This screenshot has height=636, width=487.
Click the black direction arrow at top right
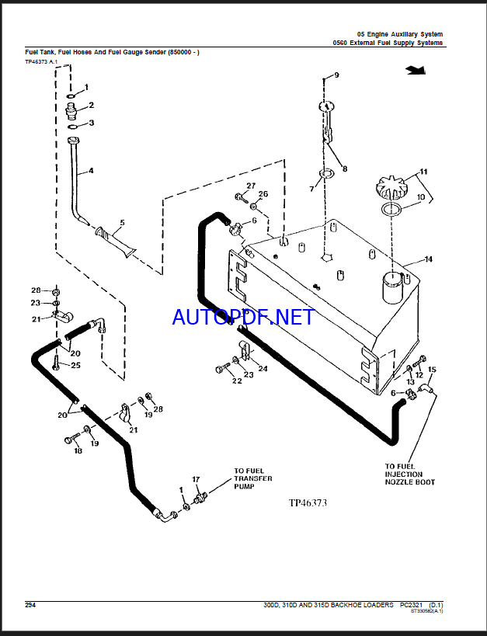pos(416,71)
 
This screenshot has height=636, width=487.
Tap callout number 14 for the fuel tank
pos(427,259)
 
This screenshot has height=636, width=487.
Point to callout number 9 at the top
pos(336,75)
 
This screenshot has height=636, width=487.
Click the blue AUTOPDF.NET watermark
pos(243,317)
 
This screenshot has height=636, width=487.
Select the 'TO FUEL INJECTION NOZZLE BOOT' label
pos(409,474)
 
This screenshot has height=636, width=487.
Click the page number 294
pos(30,605)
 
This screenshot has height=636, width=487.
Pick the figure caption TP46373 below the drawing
pos(308,502)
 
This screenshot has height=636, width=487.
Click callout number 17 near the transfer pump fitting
pos(196,479)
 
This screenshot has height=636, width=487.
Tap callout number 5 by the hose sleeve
pos(121,223)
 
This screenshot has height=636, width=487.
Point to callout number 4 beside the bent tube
pos(91,171)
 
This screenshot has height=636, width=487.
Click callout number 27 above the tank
pos(251,185)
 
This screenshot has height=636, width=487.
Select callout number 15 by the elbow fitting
pos(433,370)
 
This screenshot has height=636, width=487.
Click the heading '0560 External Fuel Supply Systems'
pos(388,43)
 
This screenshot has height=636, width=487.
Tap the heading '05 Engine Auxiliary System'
pos(399,33)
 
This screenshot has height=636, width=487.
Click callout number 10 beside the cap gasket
pos(422,198)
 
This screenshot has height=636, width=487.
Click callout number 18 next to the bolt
pos(78,450)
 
